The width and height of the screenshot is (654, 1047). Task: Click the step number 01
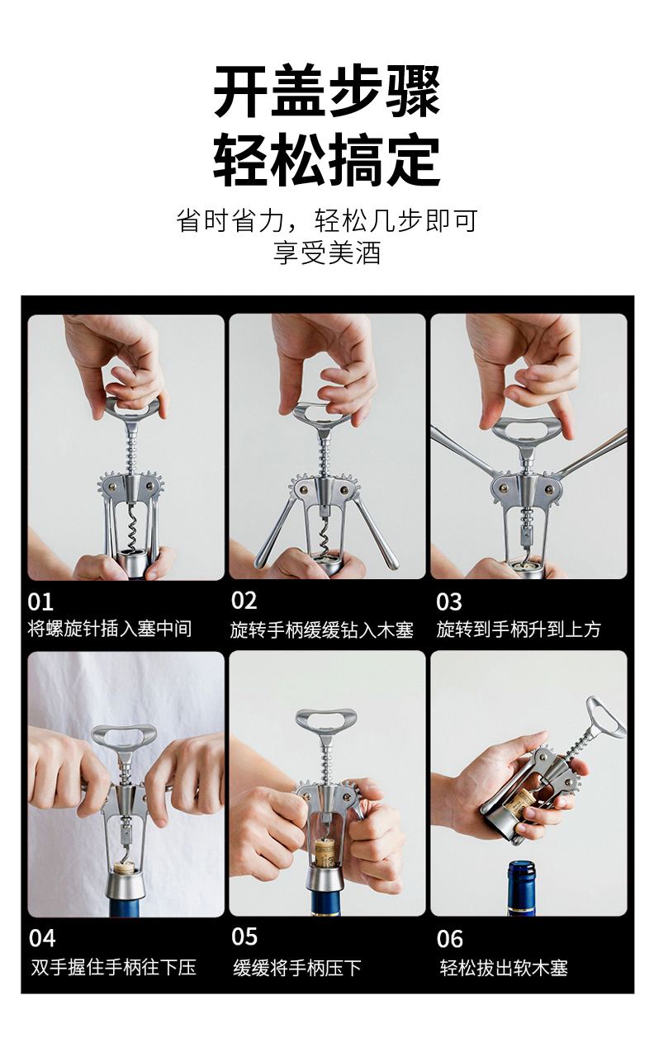point(40,602)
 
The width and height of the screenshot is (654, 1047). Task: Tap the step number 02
point(244,601)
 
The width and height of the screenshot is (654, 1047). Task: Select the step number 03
point(449,602)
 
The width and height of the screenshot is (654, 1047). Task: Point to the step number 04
point(41,938)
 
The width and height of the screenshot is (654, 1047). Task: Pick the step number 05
point(244,936)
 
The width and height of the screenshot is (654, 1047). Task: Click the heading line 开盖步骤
point(327,91)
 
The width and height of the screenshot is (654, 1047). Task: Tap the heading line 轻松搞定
point(327,160)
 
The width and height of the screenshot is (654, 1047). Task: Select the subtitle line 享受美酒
point(327,252)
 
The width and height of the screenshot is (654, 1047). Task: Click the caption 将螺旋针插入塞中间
point(110,629)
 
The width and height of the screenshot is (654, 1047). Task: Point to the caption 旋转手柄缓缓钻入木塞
point(322,630)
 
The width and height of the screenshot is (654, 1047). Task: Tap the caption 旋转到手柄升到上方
point(519,630)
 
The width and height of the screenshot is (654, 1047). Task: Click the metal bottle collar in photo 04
point(124,883)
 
